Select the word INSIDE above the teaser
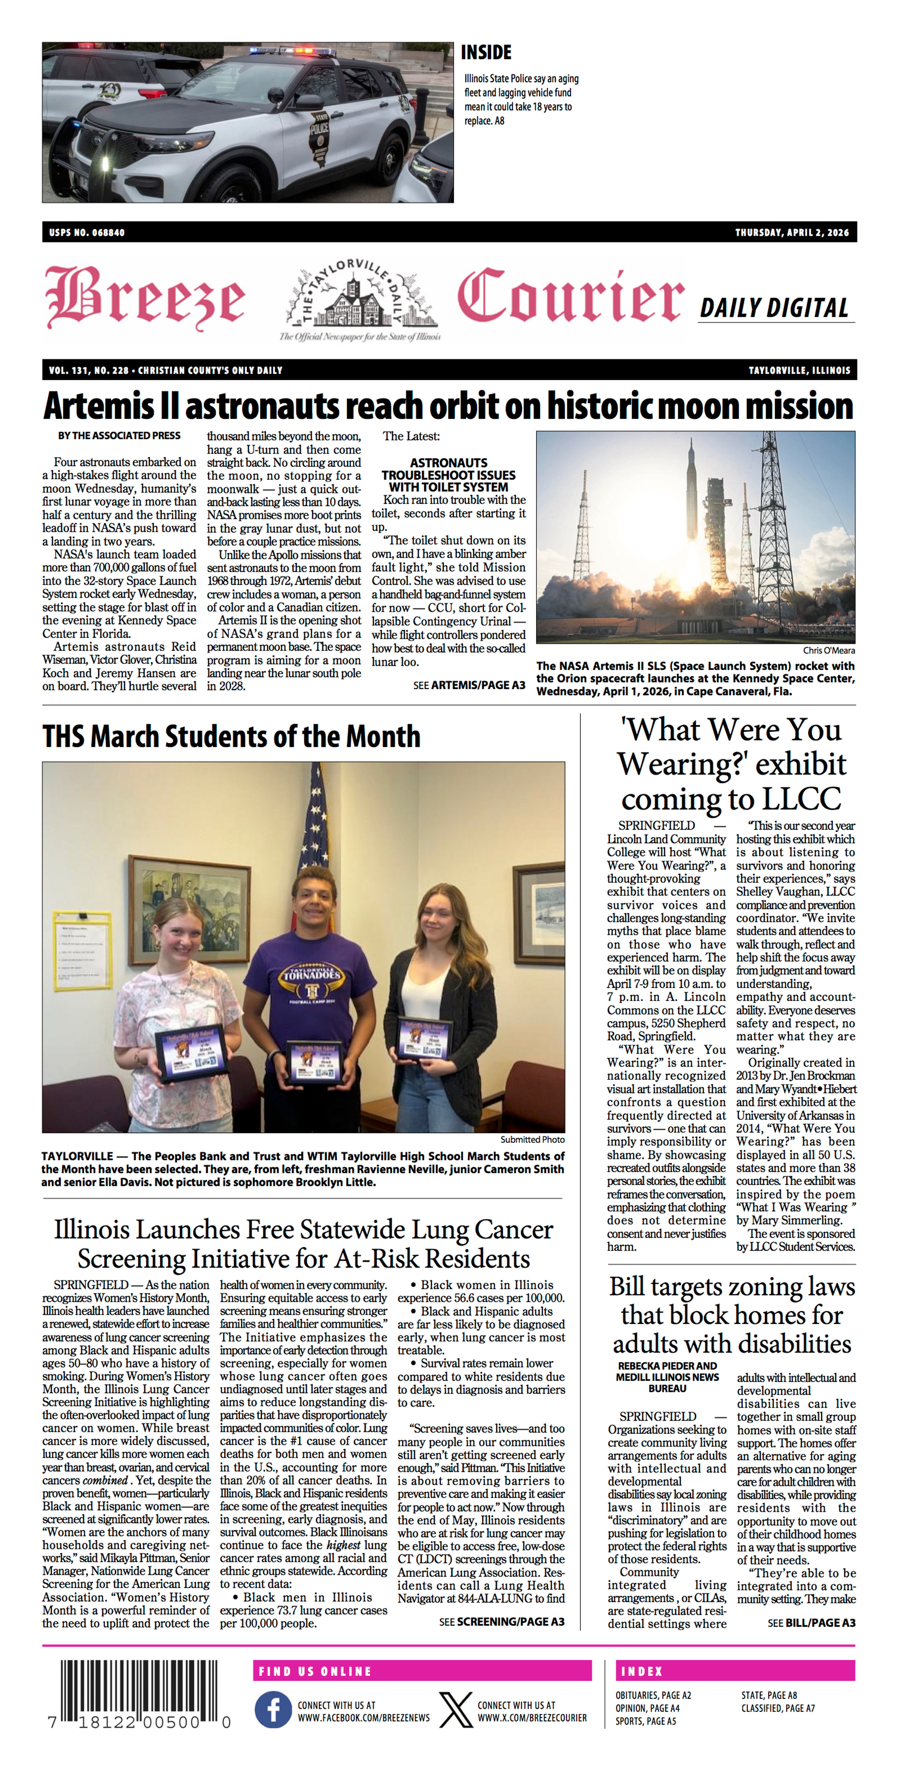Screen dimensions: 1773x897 click(486, 52)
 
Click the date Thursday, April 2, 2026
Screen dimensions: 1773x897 click(792, 233)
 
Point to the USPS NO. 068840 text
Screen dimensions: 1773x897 click(87, 233)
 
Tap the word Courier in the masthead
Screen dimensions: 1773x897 click(570, 297)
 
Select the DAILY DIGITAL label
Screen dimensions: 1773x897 click(774, 308)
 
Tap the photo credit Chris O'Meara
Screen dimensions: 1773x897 click(829, 650)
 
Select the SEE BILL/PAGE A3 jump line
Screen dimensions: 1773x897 click(811, 1622)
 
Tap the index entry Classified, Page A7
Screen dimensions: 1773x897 click(778, 1708)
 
